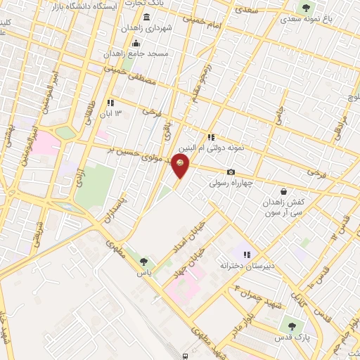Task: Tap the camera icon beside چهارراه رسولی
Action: [x=231, y=172]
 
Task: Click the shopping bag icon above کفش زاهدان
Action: [x=283, y=191]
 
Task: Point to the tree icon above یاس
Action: [x=144, y=262]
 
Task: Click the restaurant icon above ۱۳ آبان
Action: [x=111, y=103]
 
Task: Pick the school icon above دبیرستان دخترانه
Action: [x=246, y=255]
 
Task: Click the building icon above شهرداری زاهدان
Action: [x=146, y=17]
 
